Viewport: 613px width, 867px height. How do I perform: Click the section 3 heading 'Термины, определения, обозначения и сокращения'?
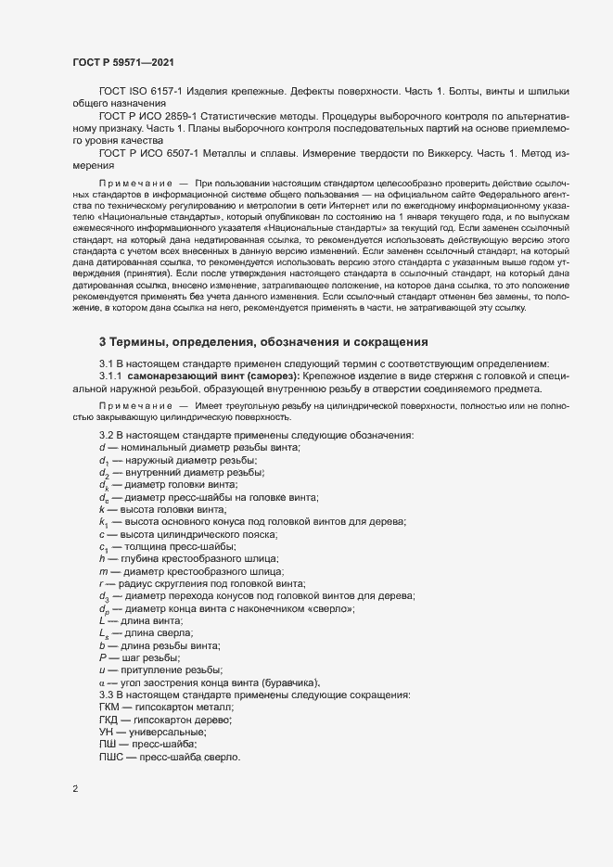(263, 341)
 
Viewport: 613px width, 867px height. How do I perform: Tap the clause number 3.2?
(106, 436)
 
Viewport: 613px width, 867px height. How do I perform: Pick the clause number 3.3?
(106, 695)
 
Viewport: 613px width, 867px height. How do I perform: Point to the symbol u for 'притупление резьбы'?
(102, 670)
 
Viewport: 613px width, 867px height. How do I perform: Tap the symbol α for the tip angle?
(102, 683)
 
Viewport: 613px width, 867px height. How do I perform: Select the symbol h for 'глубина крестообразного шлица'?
(102, 558)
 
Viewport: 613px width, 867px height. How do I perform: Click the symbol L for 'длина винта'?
(102, 620)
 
